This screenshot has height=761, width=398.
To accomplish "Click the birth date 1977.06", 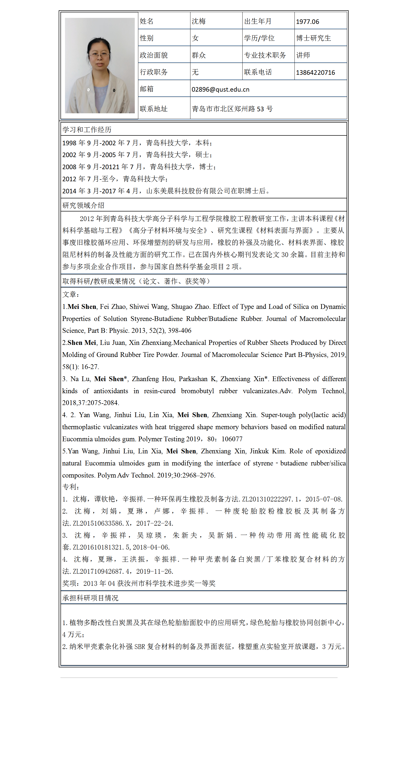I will [x=307, y=22].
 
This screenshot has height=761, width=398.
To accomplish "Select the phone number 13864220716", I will [x=315, y=73].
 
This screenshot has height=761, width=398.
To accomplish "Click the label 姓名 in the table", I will [x=146, y=21].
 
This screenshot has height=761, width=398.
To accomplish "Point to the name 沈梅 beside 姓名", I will [x=198, y=21].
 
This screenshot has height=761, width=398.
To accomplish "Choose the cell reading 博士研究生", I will [x=313, y=38].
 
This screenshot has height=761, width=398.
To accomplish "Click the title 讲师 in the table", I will [x=303, y=55].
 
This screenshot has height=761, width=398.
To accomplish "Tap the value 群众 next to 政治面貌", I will [x=198, y=55].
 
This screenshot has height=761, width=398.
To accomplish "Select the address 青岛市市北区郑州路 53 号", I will [x=232, y=109].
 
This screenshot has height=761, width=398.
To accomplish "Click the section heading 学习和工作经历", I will [x=87, y=130].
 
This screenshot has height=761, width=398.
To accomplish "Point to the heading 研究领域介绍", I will [x=83, y=205].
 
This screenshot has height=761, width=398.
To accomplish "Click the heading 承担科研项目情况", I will [x=90, y=598].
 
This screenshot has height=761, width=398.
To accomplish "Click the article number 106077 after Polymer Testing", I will [x=232, y=439].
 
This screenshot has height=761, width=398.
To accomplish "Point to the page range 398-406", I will [x=180, y=331].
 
